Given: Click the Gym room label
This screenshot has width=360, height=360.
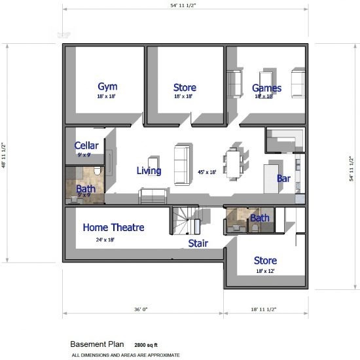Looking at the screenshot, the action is [x=107, y=87].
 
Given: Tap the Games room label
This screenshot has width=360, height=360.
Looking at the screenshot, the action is [x=266, y=88].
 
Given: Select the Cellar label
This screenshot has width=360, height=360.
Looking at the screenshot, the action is [x=86, y=145].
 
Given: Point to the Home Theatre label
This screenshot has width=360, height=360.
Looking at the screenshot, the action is [x=114, y=228].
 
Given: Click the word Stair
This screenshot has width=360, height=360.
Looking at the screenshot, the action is [x=198, y=243].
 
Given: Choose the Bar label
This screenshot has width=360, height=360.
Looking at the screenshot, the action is [x=284, y=179].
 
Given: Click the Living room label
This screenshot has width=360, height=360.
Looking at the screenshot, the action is [x=149, y=171].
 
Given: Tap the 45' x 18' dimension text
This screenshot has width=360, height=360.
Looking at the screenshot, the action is [x=207, y=172].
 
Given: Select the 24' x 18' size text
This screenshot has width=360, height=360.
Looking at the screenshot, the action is [x=105, y=240].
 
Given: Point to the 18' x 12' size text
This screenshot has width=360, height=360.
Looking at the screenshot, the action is [x=265, y=271].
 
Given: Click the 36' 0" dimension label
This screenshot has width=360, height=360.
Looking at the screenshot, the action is [x=141, y=309].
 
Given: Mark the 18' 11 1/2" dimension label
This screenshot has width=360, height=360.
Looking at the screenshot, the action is [x=264, y=309].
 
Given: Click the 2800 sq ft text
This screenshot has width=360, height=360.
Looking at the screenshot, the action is [x=146, y=345].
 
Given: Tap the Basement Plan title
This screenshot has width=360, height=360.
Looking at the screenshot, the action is [x=97, y=344].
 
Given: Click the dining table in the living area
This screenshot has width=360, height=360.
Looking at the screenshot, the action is [x=233, y=164].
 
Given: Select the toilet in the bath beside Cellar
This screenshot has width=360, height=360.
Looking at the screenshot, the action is [x=98, y=171].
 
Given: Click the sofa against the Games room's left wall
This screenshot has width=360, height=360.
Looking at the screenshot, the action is [x=234, y=84].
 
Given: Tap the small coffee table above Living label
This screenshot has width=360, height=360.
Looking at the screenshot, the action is [x=153, y=162].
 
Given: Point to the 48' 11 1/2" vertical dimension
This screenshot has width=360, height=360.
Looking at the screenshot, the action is [x=4, y=155].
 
